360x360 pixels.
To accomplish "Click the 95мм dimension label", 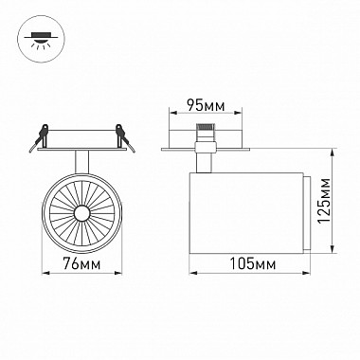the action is click(206, 105).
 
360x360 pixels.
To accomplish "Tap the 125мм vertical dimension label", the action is click(324, 201).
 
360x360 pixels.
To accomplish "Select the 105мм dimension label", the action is click(252, 263).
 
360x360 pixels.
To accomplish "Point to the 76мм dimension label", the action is click(81, 263).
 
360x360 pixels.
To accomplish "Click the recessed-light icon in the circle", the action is click(41, 40).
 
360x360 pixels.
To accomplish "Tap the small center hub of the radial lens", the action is click(81, 213).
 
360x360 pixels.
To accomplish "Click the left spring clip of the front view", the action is click(40, 137).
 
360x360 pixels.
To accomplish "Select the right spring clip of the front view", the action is click(125, 137).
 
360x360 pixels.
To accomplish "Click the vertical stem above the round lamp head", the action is click(81, 162).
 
